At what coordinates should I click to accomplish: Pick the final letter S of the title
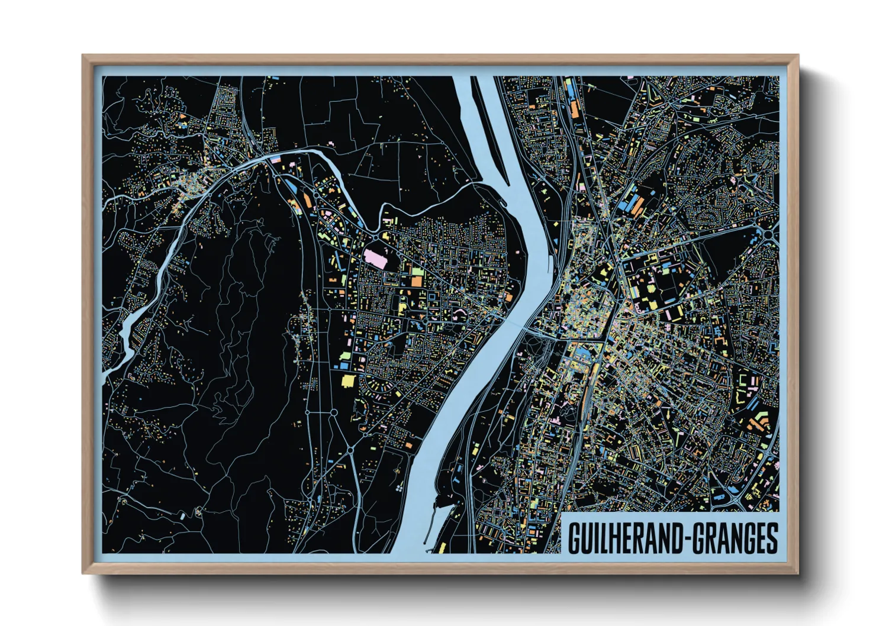771,538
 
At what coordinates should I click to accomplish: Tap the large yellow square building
346,380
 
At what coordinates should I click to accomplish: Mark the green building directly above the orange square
417,272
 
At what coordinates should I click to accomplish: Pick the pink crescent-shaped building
459,309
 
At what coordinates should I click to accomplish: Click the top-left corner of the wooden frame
82,55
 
